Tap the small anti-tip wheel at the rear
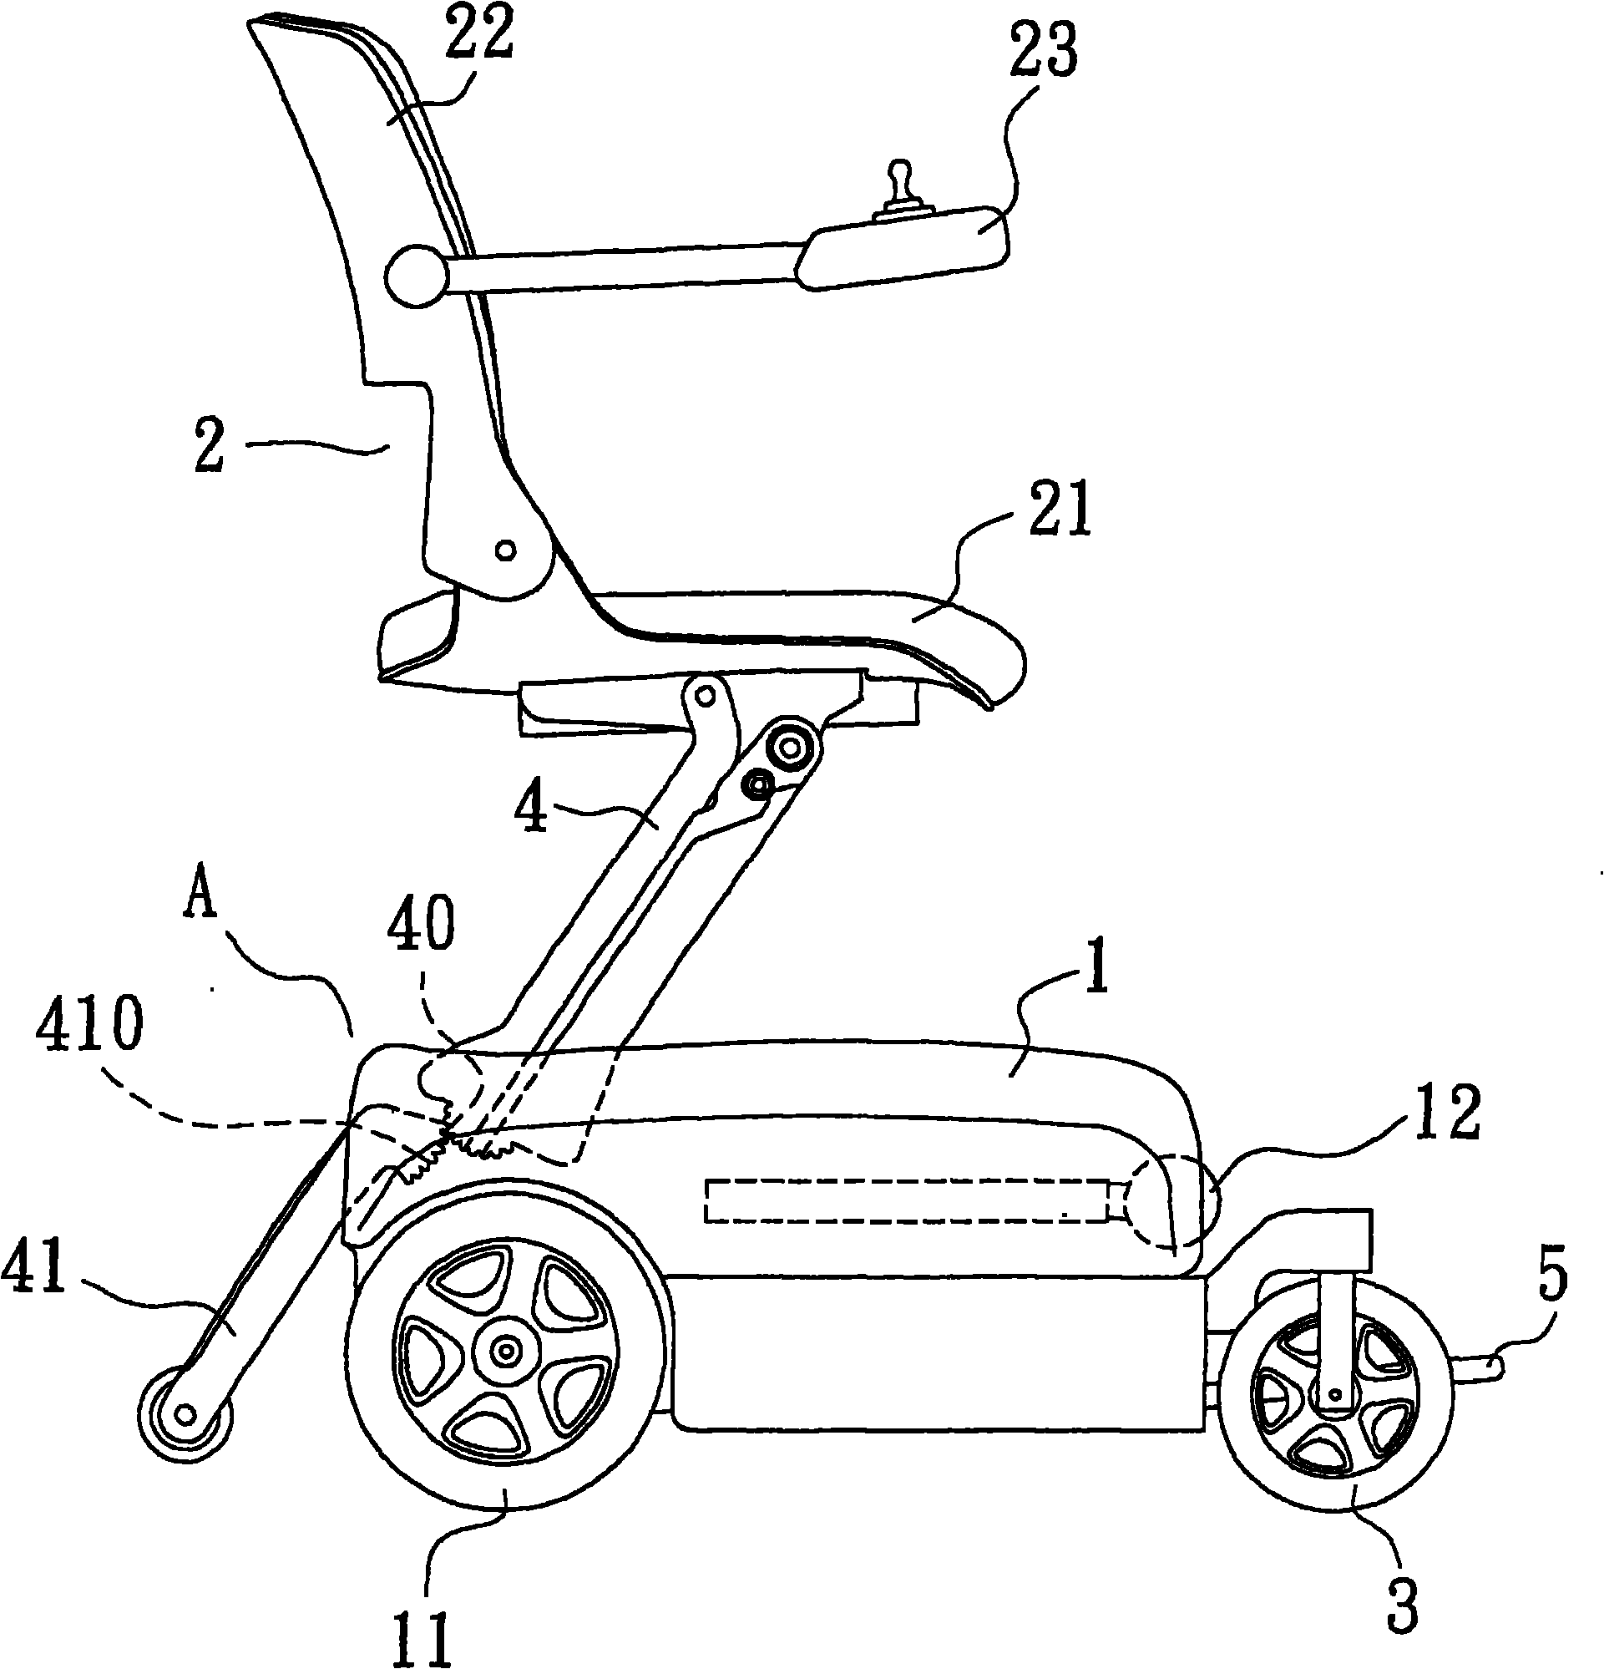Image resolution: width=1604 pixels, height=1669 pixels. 185,1415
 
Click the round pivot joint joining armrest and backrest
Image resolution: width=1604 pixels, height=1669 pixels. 416,275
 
